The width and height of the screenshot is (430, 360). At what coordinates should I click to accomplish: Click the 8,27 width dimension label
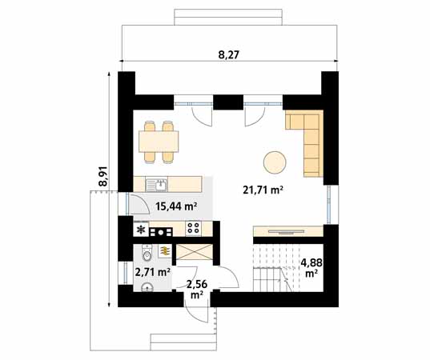pos(229,54)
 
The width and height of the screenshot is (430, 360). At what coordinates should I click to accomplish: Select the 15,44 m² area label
pos(176,206)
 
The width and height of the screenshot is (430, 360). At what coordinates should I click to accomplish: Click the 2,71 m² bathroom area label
pos(152,272)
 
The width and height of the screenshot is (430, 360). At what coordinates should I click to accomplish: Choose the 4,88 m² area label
pos(311,266)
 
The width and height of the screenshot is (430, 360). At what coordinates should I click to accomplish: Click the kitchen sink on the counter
pos(160,184)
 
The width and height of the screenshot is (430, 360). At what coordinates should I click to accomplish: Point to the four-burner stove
pos(193,228)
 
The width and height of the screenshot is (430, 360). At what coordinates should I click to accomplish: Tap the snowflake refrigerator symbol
pos(142,230)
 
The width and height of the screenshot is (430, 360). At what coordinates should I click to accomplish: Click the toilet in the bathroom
pos(145,254)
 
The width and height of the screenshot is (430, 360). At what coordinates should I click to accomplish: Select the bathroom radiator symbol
pos(165,251)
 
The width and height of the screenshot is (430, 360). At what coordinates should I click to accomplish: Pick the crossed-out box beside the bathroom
pos(194,250)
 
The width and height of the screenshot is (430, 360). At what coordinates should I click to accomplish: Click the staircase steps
pos(269,269)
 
